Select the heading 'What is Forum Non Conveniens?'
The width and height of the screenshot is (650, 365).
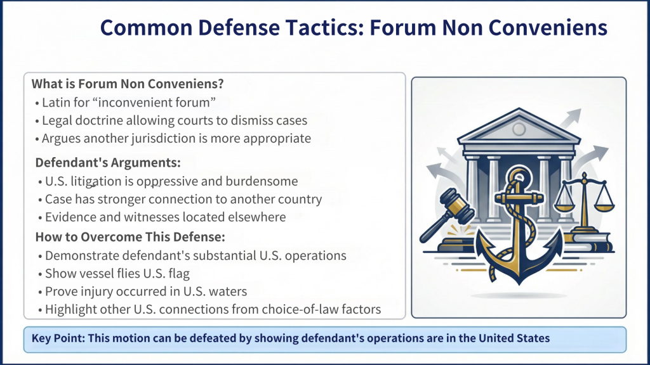[128, 84]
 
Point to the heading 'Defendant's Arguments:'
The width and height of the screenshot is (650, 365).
[107, 162]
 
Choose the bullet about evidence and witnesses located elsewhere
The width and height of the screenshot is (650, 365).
[165, 217]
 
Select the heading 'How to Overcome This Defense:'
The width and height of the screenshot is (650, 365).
[129, 238]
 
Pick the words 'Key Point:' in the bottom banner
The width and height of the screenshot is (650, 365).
[58, 338]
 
